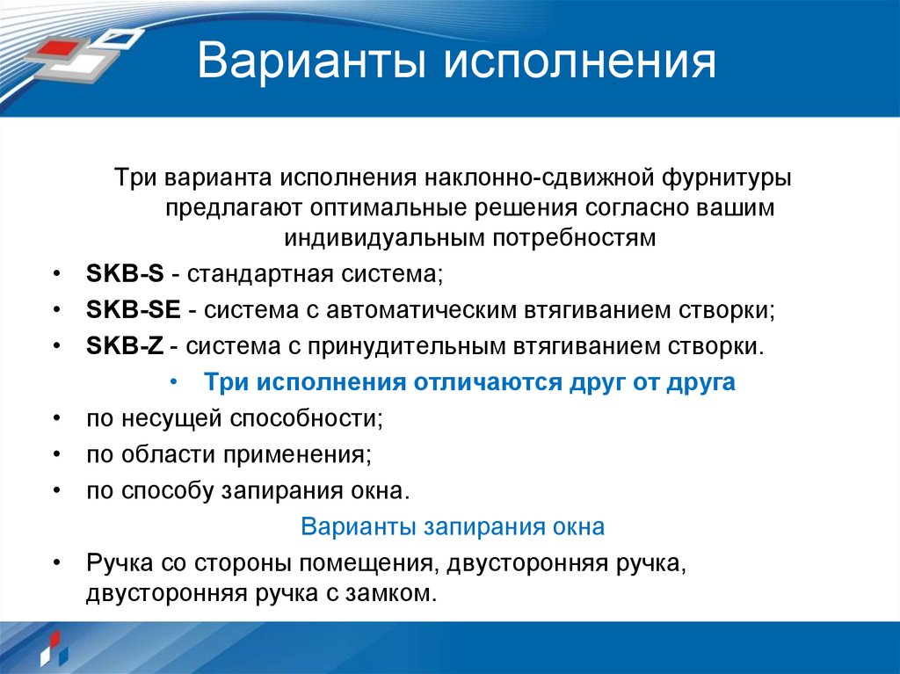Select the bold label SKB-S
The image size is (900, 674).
pyautogui.click(x=125, y=272)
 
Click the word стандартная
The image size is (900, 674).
pyautogui.click(x=255, y=272)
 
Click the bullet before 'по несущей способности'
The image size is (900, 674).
pyautogui.click(x=56, y=418)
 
